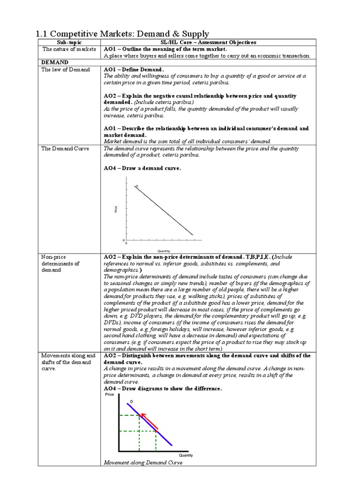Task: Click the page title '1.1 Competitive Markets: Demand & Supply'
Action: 122,34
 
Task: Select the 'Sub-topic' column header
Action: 69,42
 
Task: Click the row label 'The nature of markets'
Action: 69,49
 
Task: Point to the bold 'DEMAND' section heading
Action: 55,62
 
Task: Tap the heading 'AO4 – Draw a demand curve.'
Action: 142,168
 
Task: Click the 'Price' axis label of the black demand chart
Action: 116,210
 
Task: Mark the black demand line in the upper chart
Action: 164,210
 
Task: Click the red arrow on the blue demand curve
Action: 150,420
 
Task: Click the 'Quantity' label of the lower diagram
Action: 186,455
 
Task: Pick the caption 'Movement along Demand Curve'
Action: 142,463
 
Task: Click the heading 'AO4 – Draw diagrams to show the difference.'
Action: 162,389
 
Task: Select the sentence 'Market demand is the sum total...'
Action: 187,141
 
